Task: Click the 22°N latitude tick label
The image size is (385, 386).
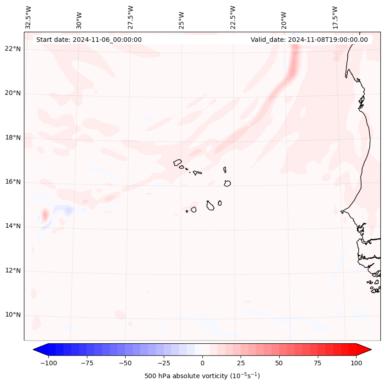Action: click(13, 49)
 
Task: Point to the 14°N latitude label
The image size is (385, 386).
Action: click(13, 226)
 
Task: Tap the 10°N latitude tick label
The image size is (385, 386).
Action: click(13, 315)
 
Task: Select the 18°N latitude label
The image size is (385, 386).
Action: click(13, 138)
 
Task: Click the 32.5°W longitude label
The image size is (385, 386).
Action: click(29, 17)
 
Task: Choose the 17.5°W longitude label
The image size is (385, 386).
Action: click(335, 17)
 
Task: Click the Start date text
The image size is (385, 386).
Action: click(89, 40)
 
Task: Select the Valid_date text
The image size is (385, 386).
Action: click(309, 40)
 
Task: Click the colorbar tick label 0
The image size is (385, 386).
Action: click(202, 363)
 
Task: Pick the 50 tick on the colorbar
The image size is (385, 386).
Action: click(279, 363)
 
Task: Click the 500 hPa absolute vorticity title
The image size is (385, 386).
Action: click(202, 376)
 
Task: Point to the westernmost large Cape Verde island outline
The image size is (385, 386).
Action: click(178, 162)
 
